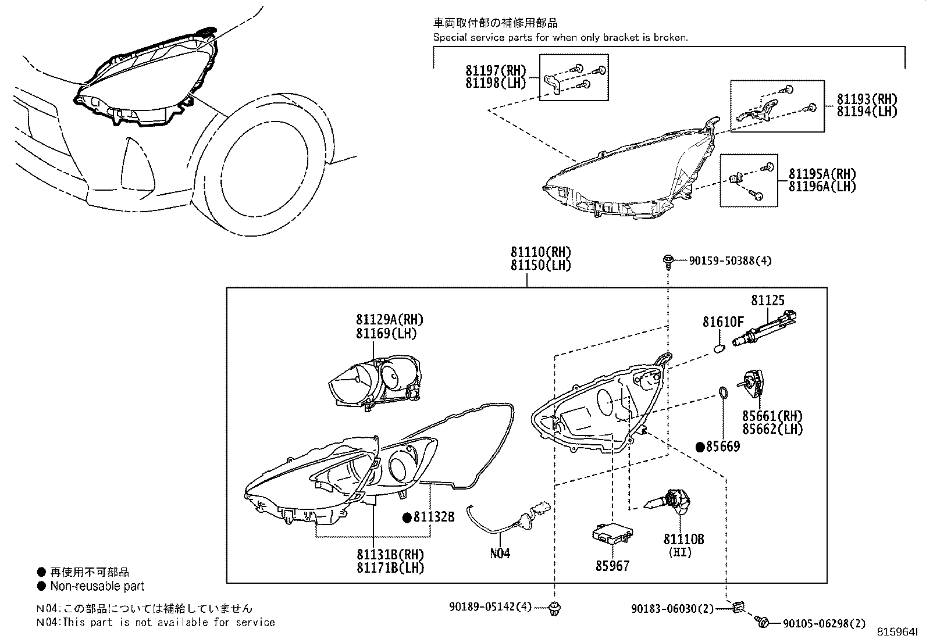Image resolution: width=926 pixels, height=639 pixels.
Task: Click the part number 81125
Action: click(767, 301)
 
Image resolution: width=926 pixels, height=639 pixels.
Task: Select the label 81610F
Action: click(723, 322)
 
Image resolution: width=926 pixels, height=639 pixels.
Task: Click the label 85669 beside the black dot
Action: click(723, 447)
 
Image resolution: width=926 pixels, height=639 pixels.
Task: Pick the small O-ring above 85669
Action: click(723, 393)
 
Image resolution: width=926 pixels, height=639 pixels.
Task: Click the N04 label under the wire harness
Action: click(500, 554)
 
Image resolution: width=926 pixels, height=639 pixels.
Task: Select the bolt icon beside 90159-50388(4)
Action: click(668, 262)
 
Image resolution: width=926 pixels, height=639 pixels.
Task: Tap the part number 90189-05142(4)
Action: click(490, 607)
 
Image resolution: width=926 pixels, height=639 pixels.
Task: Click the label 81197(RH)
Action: click(495, 70)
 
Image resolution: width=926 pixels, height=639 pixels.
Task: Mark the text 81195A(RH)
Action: click(822, 173)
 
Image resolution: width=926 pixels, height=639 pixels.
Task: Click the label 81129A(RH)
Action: click(390, 320)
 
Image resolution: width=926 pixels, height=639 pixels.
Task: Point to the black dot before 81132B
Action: click(407, 516)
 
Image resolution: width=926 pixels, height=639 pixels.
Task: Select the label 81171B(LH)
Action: click(390, 567)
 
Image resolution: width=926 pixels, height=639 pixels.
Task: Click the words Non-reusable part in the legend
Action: click(97, 586)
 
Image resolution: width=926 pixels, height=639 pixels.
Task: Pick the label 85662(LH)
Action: click(772, 429)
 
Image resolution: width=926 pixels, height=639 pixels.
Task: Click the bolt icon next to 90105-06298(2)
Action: click(764, 623)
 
